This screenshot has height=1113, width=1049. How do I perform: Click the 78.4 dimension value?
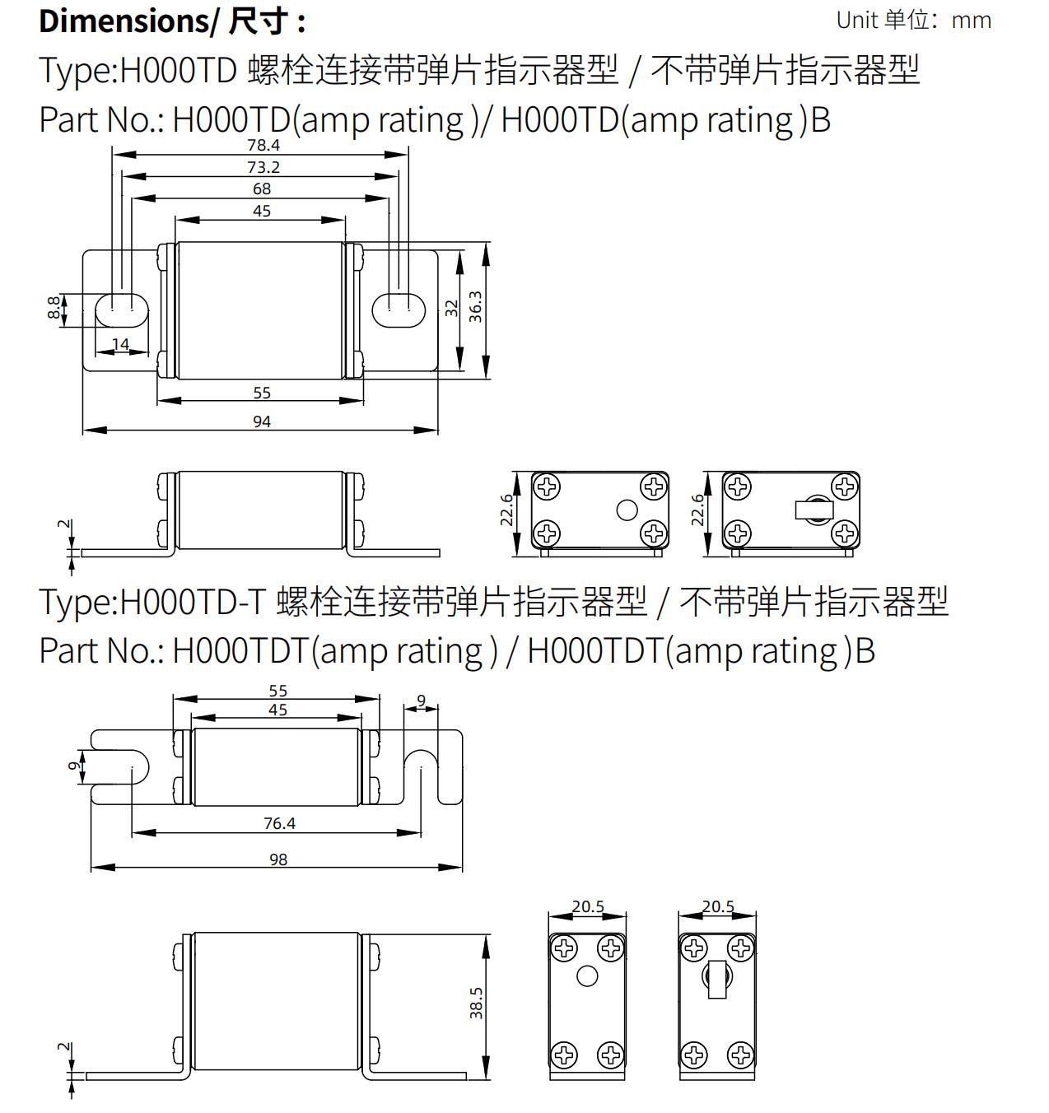pos(263,146)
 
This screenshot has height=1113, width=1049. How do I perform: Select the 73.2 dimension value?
pos(263,167)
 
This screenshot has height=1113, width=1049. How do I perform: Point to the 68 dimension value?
pos(262,189)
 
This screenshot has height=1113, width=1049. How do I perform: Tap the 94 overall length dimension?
pos(262,421)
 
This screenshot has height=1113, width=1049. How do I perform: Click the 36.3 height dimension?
pos(475,307)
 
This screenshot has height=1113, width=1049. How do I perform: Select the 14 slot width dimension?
pos(120,344)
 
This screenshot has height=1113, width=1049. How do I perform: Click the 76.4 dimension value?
pos(279,823)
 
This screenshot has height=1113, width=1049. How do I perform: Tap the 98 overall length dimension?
pos(278,859)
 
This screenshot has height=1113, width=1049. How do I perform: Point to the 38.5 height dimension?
pos(476,1004)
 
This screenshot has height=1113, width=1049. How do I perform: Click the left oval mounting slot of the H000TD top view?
pos(122,310)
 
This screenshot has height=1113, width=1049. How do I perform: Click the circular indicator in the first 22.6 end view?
pos(627,510)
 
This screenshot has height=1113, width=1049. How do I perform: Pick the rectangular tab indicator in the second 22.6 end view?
pos(814,510)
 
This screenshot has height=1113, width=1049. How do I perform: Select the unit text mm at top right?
pos(972,21)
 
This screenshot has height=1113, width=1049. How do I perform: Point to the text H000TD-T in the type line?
pos(193,602)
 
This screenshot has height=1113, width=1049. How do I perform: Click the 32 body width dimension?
pos(451,309)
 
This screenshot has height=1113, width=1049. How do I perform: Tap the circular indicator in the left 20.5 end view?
pos(587,976)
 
